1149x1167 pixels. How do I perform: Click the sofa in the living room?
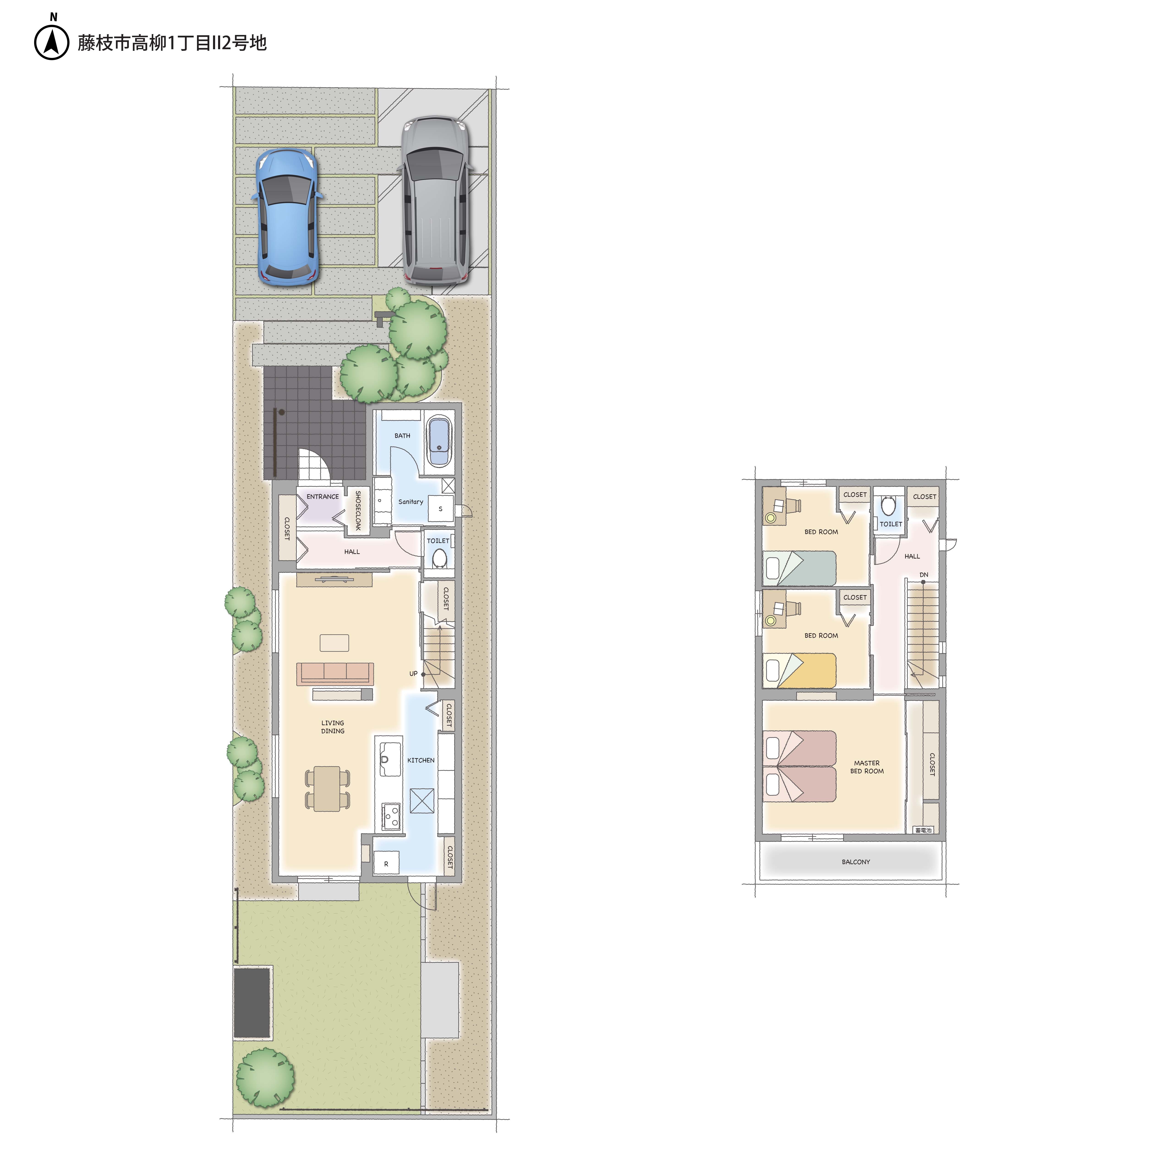335,674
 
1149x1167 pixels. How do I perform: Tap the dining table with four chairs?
327,788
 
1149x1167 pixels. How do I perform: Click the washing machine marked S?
440,508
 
